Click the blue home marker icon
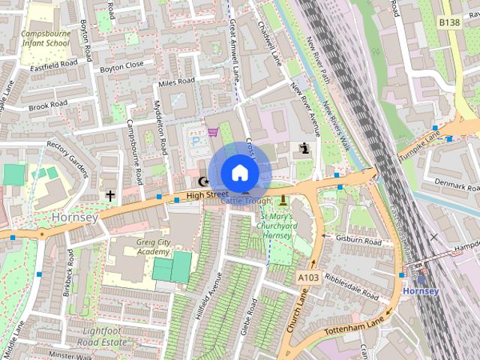pyautogui.click(x=239, y=172)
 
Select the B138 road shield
pyautogui.click(x=449, y=23)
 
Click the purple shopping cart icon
pyautogui.click(x=213, y=132)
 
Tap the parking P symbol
pyautogui.click(x=196, y=140)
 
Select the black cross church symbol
pyautogui.click(x=110, y=196)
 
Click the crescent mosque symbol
pyautogui.click(x=202, y=181)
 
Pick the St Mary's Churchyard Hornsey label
pyautogui.click(x=274, y=224)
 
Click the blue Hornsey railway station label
pyautogui.click(x=420, y=290)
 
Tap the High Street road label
pyautogui.click(x=206, y=195)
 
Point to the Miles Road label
pyautogui.click(x=176, y=81)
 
